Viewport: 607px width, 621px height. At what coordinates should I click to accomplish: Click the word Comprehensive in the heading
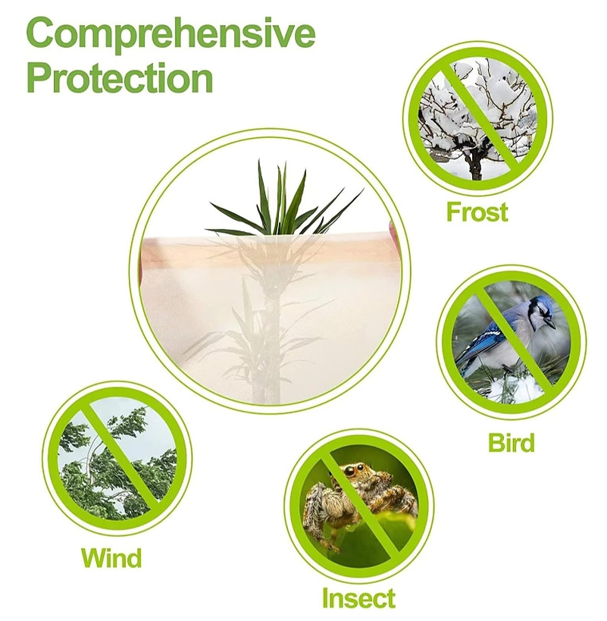[x=171, y=35]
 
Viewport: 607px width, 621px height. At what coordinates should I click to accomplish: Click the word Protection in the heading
[x=120, y=78]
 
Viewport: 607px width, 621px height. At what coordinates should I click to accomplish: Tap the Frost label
[x=477, y=212]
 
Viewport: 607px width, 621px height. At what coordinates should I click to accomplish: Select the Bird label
[x=512, y=443]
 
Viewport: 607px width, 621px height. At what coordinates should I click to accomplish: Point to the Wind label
[x=111, y=559]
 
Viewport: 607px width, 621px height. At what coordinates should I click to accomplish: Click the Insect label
[x=358, y=598]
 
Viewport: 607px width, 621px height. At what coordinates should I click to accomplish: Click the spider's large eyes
[x=357, y=471]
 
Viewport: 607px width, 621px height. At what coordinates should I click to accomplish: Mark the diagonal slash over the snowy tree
[x=477, y=118]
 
